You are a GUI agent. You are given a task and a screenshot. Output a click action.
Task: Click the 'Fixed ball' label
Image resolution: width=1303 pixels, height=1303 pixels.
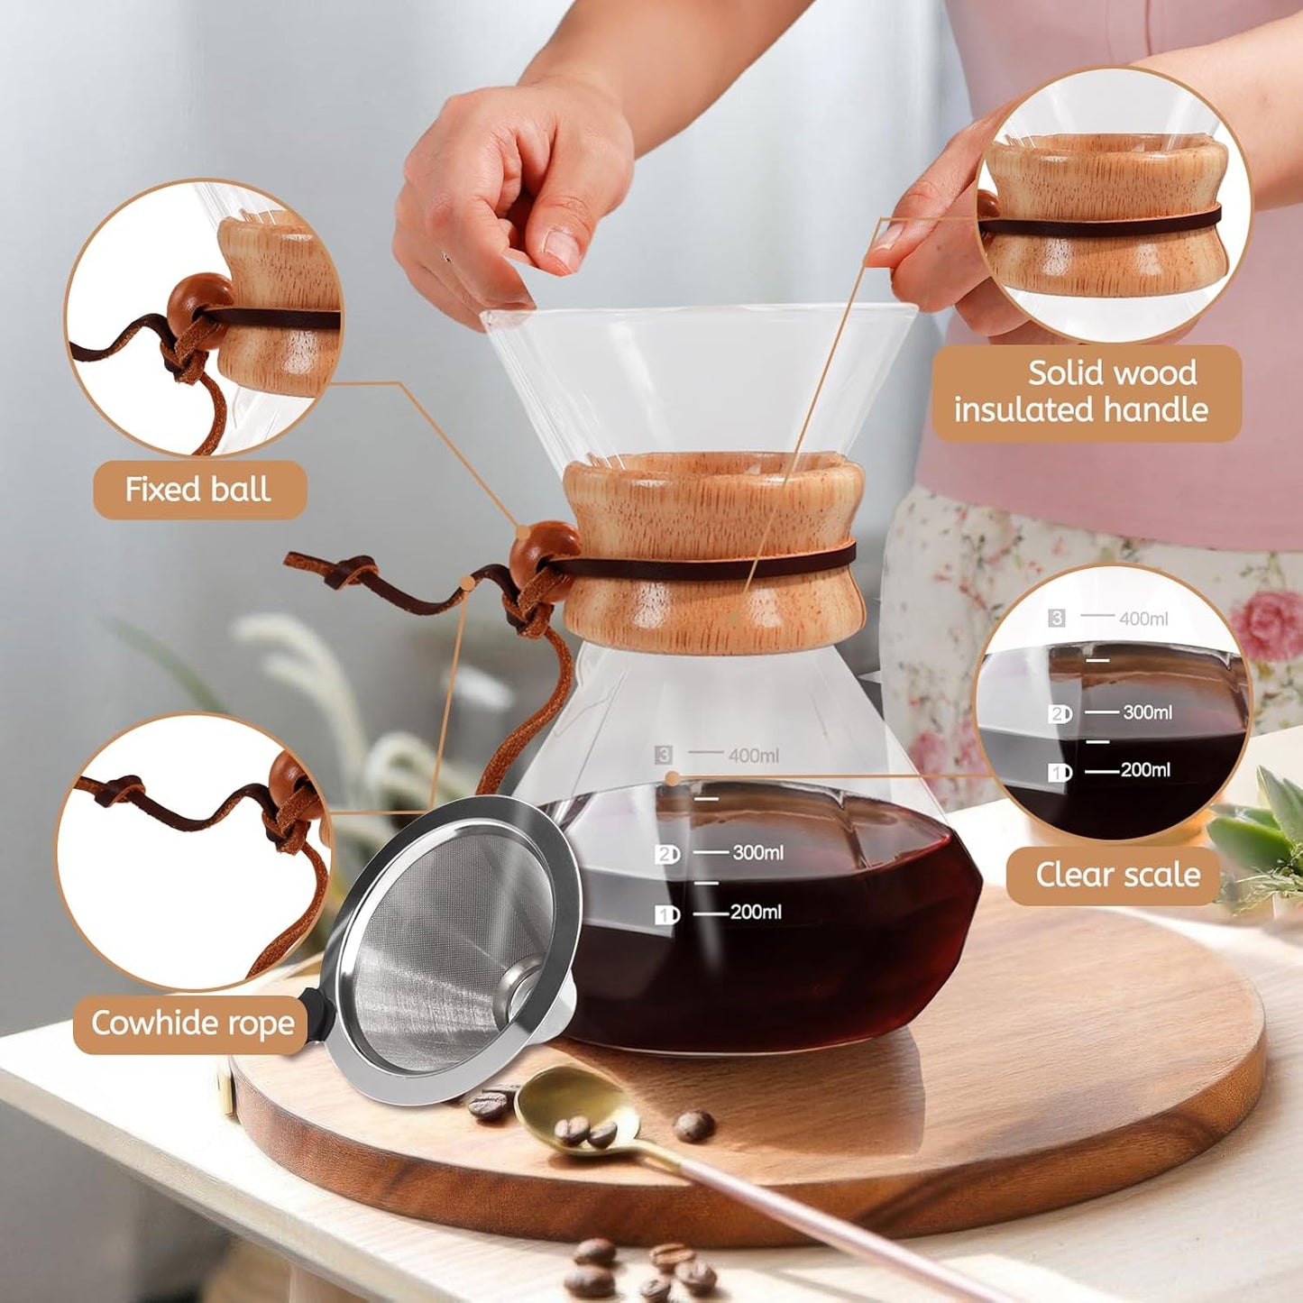click(x=198, y=490)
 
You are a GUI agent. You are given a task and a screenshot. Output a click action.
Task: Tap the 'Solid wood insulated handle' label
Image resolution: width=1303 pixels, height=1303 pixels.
click(x=1085, y=392)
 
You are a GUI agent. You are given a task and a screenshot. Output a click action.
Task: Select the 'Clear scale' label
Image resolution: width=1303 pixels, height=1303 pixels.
click(x=1116, y=875)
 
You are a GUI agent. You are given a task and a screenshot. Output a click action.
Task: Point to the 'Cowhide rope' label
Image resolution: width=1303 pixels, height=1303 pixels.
click(x=192, y=1023)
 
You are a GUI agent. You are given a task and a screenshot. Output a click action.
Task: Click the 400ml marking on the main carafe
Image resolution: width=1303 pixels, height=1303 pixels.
click(x=753, y=756)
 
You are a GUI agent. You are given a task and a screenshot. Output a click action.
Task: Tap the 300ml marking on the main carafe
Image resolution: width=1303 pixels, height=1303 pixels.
click(x=757, y=852)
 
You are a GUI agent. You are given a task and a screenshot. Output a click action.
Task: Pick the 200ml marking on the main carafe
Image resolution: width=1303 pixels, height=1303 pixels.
click(x=756, y=913)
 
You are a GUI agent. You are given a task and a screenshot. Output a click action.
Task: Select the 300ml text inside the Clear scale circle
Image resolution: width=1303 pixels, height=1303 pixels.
click(x=1147, y=712)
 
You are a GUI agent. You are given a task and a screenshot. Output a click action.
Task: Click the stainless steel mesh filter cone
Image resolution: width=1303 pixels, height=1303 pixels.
click(x=446, y=947)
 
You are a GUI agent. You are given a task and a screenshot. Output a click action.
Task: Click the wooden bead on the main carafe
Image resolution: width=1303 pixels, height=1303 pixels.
click(x=542, y=551)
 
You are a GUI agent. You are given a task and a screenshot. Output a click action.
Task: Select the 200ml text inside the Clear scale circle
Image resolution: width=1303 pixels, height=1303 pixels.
click(x=1145, y=770)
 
